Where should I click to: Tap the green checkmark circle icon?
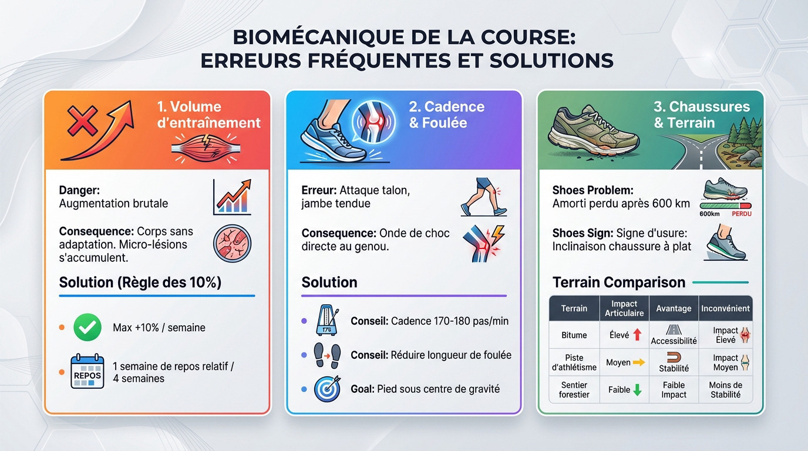(87, 327)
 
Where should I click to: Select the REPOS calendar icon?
(87, 372)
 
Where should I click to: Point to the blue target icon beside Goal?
(326, 389)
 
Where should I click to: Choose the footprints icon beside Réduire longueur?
(326, 355)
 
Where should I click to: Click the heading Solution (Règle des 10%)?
(140, 282)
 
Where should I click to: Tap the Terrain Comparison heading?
(619, 282)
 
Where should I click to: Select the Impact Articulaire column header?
(624, 308)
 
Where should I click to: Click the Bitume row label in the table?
(574, 335)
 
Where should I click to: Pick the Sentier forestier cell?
(574, 390)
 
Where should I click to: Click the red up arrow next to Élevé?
(637, 335)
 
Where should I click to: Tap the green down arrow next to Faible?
(637, 389)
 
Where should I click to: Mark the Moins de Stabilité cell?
(725, 390)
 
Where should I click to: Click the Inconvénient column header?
(725, 308)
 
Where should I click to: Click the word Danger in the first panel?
(79, 190)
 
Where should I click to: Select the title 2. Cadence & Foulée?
(446, 115)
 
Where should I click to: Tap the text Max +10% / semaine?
(159, 328)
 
